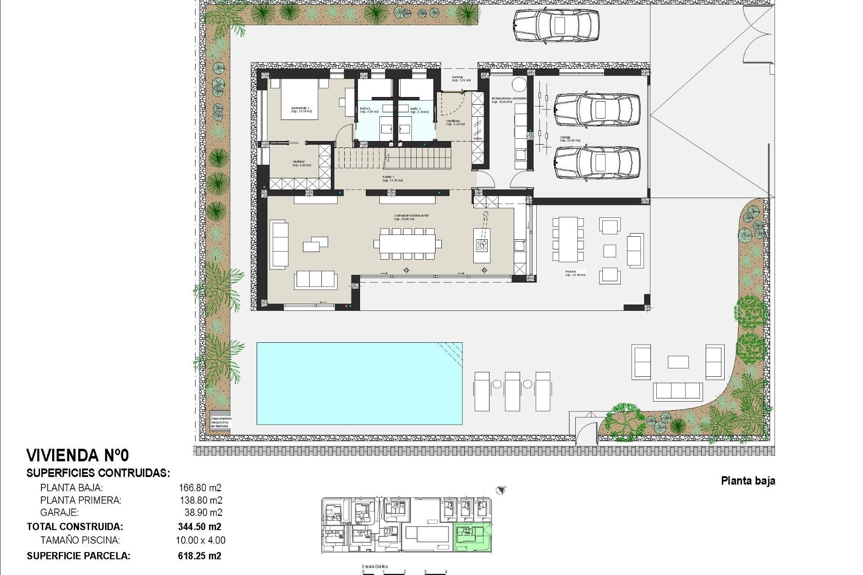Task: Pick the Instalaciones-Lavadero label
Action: (508, 99)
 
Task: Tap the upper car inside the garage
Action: (597, 109)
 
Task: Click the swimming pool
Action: (359, 383)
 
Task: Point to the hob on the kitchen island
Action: (482, 245)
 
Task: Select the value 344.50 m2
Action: (200, 526)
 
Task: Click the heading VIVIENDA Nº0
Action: (78, 456)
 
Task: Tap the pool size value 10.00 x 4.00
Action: (200, 540)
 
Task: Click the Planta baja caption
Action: (748, 481)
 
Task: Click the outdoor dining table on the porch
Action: (568, 239)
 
